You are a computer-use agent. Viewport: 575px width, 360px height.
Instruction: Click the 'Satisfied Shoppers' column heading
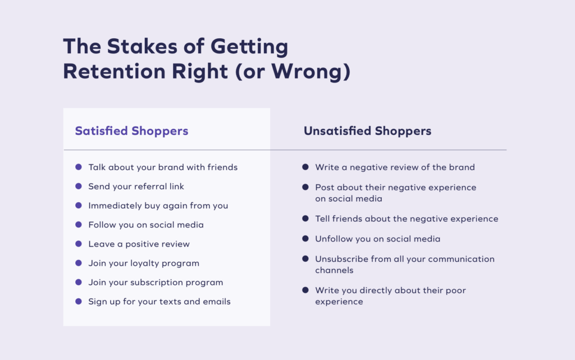[x=131, y=131]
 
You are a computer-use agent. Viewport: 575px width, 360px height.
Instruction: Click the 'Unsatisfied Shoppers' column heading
[x=367, y=131]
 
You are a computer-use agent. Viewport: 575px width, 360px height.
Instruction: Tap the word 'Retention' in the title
[x=114, y=71]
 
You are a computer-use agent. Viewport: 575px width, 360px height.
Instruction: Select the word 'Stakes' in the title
[x=142, y=47]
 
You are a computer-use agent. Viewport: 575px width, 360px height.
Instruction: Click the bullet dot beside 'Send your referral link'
[x=79, y=186]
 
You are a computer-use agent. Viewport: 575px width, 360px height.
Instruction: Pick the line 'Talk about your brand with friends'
[x=163, y=167]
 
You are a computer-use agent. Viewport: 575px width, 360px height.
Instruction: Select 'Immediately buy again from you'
[x=158, y=206]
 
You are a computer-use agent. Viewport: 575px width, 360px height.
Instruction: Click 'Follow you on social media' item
[x=146, y=225]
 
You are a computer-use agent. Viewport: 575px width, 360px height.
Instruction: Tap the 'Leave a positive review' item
[x=139, y=244]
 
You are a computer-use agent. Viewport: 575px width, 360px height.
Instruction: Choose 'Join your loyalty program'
[x=144, y=263]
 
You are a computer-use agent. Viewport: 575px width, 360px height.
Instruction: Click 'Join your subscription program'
[x=156, y=282]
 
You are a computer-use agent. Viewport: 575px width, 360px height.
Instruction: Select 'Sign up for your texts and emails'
[x=159, y=302]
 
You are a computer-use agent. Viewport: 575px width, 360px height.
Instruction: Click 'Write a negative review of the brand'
[x=395, y=167]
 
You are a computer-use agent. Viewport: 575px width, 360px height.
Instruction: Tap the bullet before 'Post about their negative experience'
[x=305, y=187]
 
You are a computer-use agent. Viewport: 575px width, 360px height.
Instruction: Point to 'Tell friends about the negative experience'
[x=407, y=219]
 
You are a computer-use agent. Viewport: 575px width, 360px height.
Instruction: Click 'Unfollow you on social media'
[x=378, y=239]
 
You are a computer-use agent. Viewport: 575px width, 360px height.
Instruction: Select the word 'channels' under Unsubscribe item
[x=335, y=270]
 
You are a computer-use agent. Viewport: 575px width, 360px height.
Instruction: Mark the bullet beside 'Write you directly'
[x=305, y=290]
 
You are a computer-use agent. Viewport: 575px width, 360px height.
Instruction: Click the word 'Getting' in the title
[x=249, y=47]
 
